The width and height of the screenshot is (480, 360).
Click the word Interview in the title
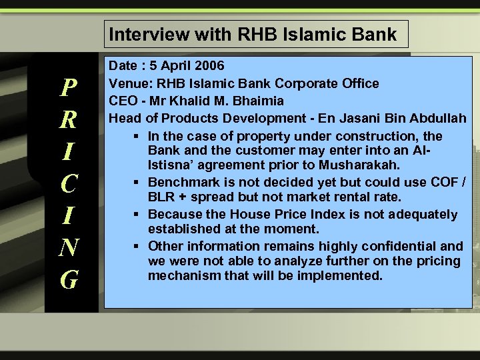141,34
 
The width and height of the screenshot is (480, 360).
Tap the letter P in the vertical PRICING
69,87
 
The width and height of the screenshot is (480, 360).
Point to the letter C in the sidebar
69,182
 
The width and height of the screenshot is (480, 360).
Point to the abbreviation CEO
123,101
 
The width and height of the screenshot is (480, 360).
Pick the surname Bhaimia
261,101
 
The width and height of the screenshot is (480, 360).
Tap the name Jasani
341,119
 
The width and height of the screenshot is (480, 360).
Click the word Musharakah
363,165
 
